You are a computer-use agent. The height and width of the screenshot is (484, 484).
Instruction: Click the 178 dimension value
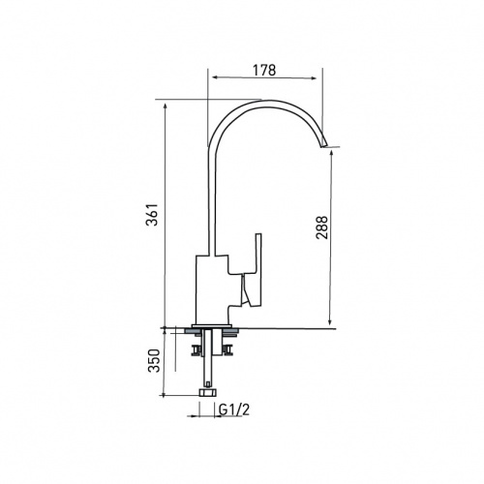click(264, 70)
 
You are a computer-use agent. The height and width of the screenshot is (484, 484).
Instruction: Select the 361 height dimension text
click(152, 215)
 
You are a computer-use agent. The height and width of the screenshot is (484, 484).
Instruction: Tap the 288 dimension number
click(321, 227)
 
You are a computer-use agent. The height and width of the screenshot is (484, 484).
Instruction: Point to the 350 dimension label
click(154, 361)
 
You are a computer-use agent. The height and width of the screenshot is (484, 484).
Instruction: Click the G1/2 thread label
click(234, 409)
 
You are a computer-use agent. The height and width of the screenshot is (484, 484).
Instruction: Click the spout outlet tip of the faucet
click(323, 145)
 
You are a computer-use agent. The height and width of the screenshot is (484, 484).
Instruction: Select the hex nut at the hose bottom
click(208, 393)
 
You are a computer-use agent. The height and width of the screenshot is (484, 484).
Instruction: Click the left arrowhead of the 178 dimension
click(215, 77)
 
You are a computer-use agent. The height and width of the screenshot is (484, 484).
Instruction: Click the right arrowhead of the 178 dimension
click(313, 77)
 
